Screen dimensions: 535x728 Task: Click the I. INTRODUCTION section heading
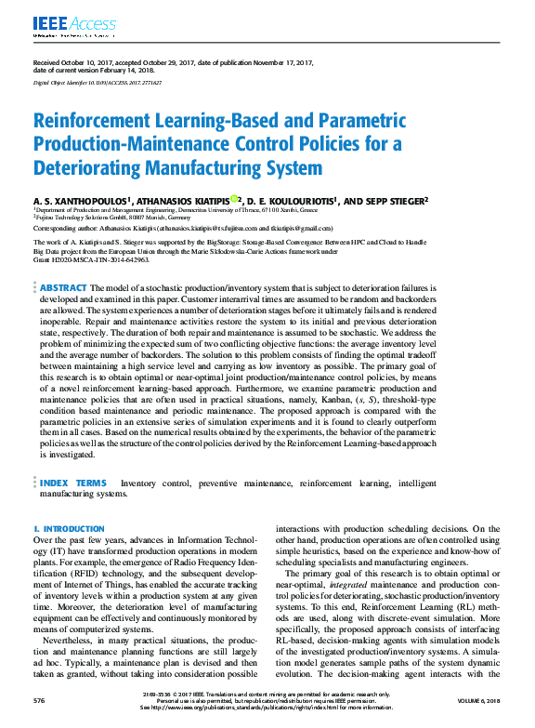pos(66,529)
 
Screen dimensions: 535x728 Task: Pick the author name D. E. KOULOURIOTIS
pos(289,200)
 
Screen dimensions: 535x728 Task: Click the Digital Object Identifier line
pos(98,83)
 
